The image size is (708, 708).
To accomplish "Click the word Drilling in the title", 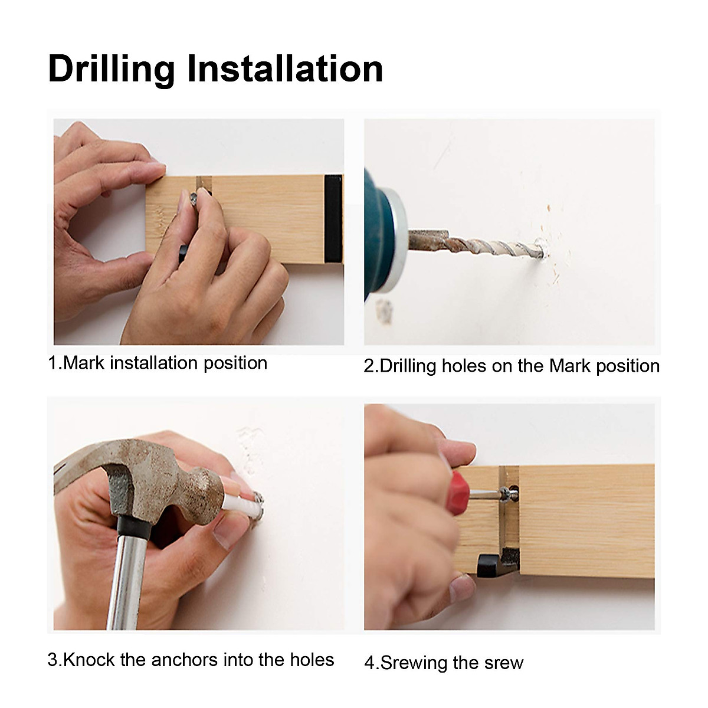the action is (112, 70).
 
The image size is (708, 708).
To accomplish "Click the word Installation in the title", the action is (285, 68).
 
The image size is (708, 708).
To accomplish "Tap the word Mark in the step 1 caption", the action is (84, 363).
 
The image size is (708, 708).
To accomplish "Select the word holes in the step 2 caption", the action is (464, 366).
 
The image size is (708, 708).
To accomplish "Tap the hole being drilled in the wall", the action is (542, 249).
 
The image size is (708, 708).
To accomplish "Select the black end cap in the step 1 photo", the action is (333, 219).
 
